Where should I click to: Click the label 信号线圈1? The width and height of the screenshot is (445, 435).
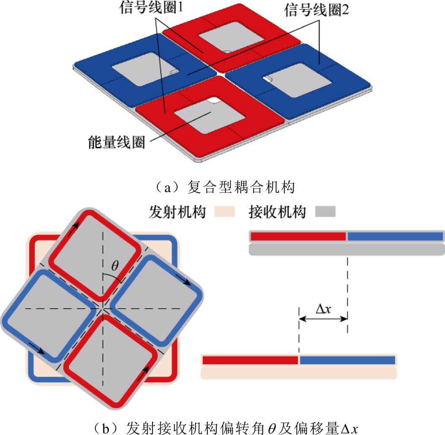(151, 7)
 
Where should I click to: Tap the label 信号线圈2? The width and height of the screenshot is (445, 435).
(316, 10)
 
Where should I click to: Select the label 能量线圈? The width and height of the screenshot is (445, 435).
(117, 142)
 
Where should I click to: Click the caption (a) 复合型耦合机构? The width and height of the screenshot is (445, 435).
(225, 187)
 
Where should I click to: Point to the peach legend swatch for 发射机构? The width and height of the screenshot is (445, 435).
(225, 211)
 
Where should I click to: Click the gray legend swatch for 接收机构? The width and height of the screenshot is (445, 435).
(325, 211)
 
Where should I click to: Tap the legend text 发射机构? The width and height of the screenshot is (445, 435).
(177, 212)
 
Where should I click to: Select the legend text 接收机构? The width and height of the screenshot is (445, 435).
(277, 212)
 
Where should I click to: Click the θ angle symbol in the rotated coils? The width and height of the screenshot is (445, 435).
(115, 266)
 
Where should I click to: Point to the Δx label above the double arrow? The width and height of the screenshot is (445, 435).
(323, 308)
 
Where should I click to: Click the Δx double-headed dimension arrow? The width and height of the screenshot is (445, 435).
(323, 319)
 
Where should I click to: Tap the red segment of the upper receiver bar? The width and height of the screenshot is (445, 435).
(298, 236)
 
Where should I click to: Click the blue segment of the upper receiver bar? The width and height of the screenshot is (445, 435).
(395, 236)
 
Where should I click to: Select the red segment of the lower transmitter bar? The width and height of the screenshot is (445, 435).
(250, 360)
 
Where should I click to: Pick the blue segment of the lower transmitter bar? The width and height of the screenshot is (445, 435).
(347, 360)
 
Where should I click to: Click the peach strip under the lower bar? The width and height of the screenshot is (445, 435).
(299, 373)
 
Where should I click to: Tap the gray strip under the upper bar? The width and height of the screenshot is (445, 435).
(347, 249)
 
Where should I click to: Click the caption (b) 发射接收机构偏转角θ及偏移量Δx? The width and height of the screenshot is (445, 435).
(225, 428)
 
